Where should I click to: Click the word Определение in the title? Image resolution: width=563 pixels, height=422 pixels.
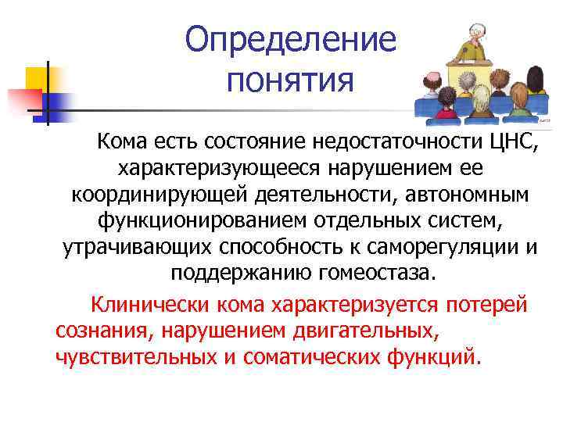[x=291, y=39]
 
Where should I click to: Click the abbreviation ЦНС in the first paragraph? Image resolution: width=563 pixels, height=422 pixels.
[x=504, y=143]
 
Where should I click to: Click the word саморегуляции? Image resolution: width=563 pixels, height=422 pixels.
[x=442, y=248]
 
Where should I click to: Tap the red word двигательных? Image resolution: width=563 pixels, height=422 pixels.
[x=358, y=330]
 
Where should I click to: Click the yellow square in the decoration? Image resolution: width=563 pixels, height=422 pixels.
[x=39, y=79]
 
